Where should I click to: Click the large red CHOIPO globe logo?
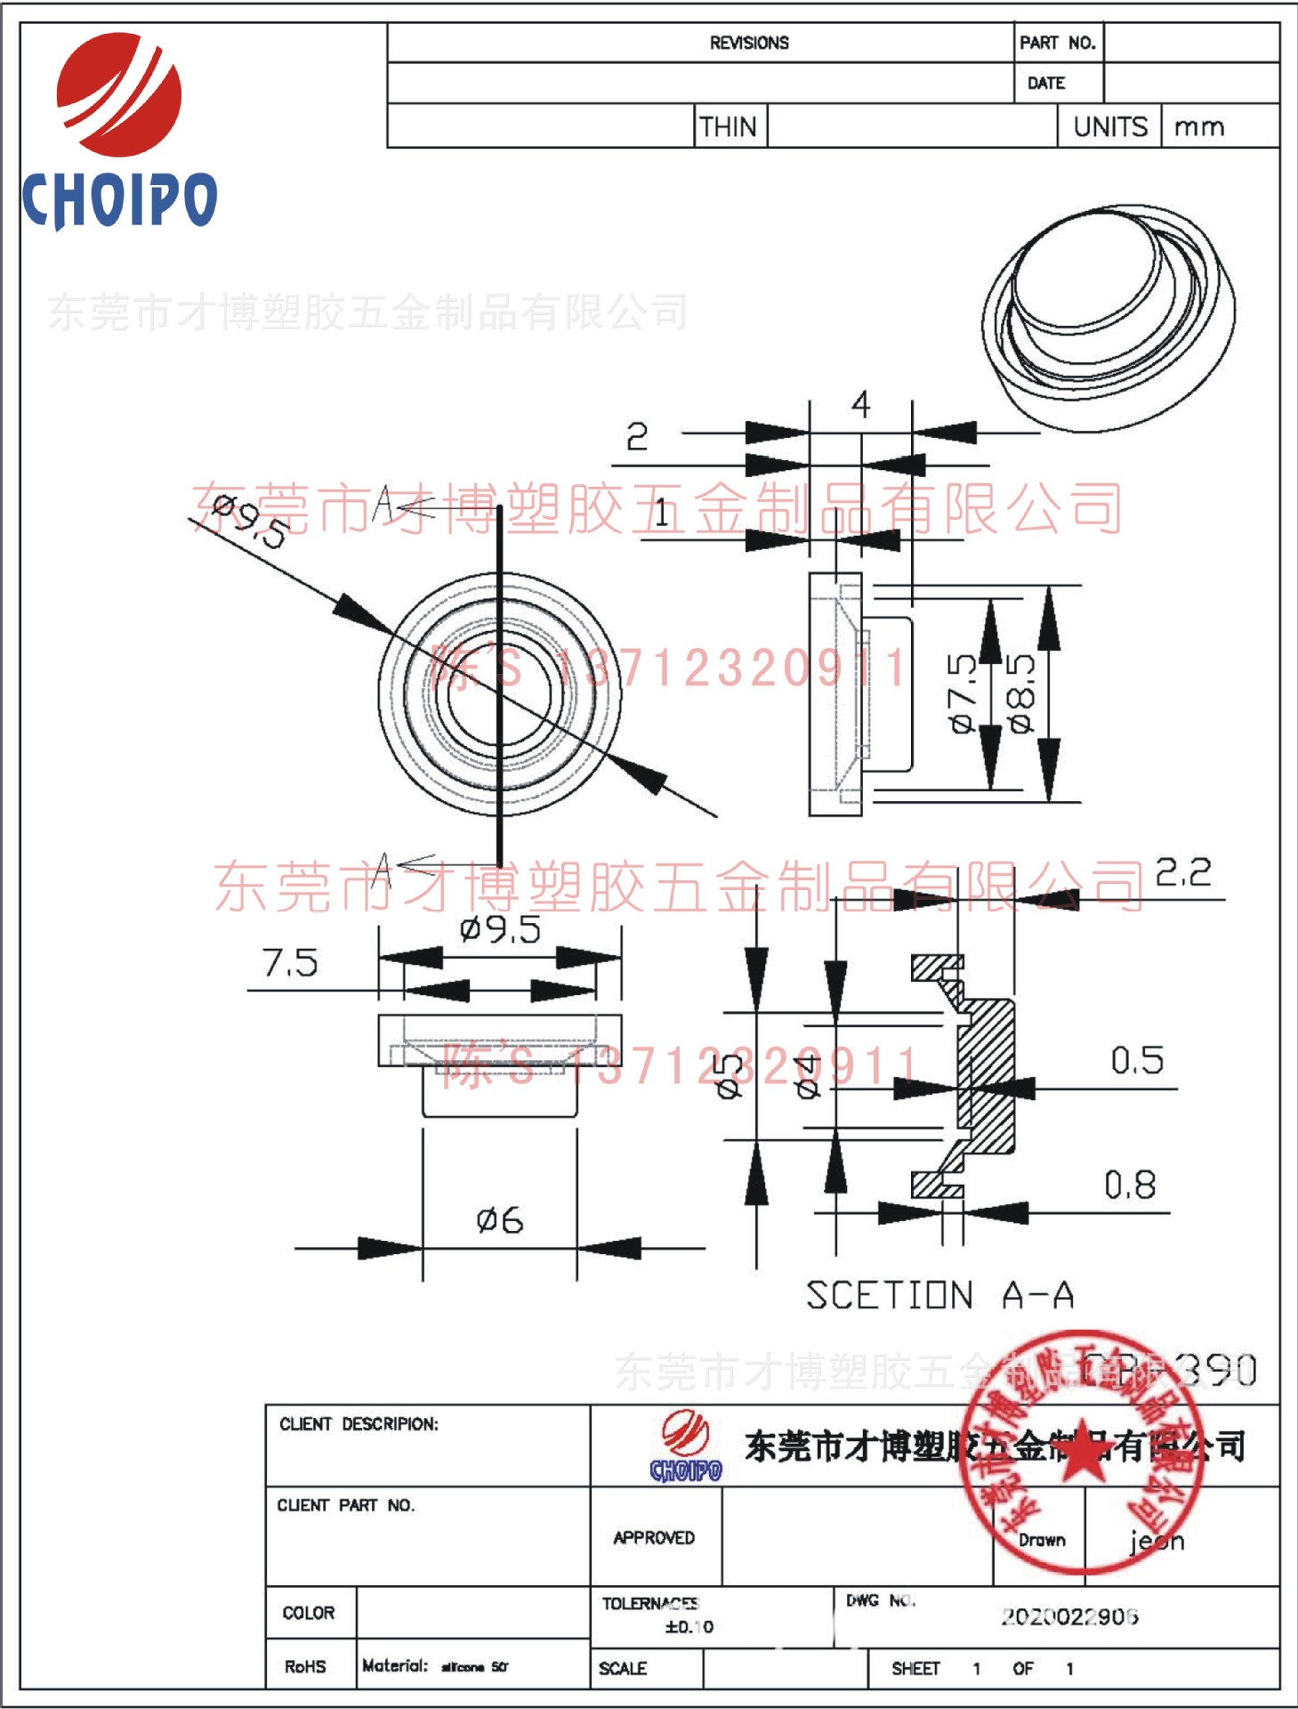119,93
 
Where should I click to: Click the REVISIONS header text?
748,43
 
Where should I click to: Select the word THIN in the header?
728,126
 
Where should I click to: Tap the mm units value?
1198,126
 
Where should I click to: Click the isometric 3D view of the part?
1108,316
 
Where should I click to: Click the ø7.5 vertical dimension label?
963,693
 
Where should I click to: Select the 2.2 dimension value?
1182,872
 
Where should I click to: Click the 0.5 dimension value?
1136,1060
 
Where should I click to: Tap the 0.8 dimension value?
1130,1185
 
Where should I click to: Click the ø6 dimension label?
499,1219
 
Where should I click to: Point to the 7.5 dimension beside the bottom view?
290,962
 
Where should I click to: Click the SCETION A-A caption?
939,1295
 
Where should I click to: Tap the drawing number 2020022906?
1068,1616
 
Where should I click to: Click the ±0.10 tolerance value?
689,1627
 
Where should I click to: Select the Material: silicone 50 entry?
434,1665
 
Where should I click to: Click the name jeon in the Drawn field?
1157,1540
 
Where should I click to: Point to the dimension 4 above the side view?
859,405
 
